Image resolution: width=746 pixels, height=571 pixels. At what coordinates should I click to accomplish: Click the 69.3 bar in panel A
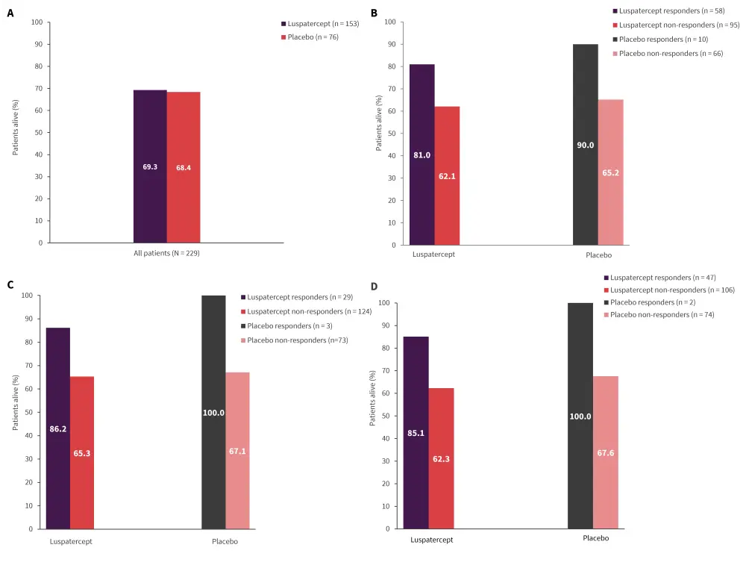(150, 166)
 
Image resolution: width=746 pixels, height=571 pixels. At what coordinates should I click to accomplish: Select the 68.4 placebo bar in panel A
(184, 167)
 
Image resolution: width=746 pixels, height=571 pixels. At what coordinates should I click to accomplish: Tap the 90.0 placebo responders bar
(586, 145)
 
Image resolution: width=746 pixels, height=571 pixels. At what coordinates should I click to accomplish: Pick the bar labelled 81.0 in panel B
(422, 155)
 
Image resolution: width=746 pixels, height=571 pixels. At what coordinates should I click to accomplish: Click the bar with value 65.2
(610, 172)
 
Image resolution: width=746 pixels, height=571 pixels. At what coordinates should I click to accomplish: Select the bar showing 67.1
(237, 451)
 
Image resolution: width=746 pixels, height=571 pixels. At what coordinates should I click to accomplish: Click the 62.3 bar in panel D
(441, 458)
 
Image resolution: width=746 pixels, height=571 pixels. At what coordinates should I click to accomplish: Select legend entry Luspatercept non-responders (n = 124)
(309, 311)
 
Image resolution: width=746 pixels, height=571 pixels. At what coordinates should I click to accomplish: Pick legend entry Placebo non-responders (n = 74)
(662, 315)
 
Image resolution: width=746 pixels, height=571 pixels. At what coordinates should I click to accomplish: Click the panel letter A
(10, 13)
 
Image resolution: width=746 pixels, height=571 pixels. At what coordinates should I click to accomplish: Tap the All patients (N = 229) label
(166, 253)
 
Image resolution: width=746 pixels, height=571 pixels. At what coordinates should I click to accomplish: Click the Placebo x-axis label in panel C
(225, 541)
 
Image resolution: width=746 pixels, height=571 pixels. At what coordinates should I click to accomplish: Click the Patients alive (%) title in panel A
(16, 132)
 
